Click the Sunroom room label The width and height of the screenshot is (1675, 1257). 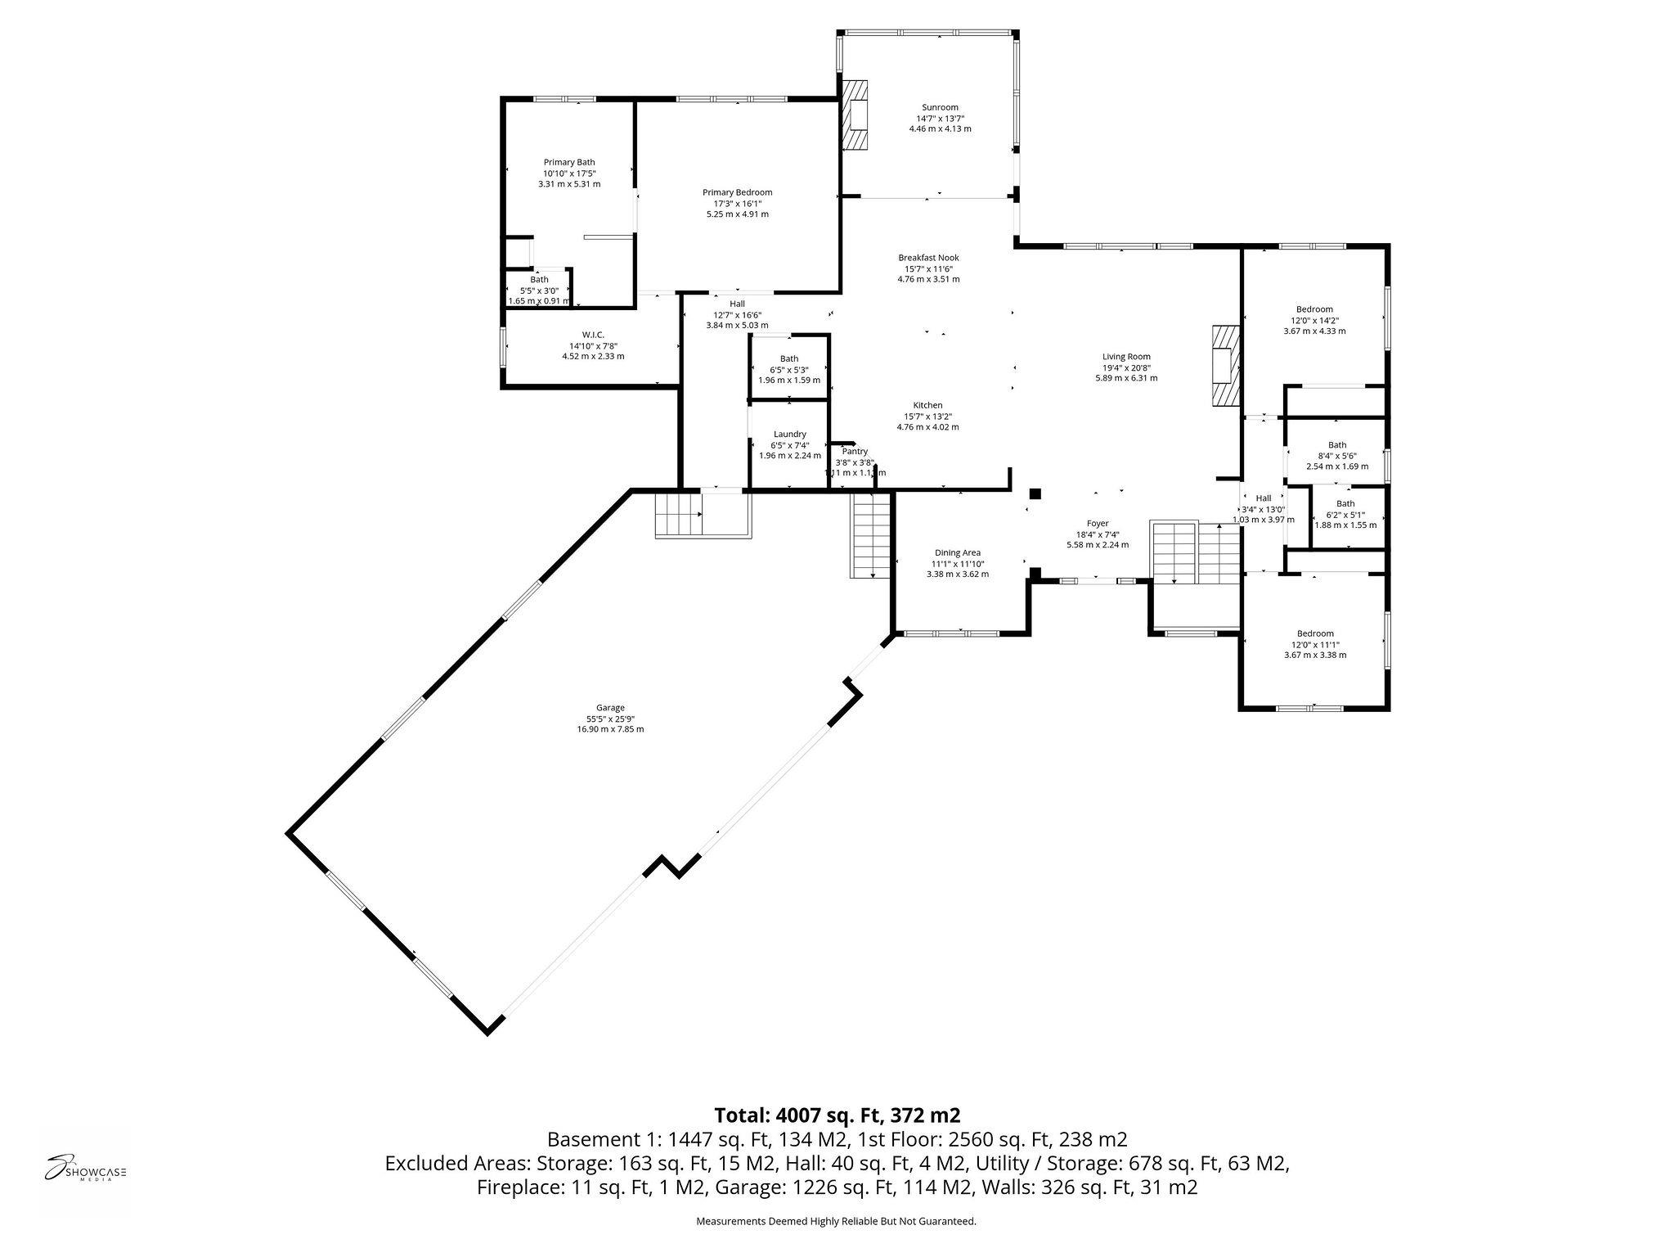pyautogui.click(x=940, y=107)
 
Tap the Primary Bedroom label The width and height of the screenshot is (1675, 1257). pyautogui.click(x=737, y=192)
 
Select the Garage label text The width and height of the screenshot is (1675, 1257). pyautogui.click(x=610, y=708)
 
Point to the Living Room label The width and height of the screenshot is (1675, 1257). pyautogui.click(x=1126, y=357)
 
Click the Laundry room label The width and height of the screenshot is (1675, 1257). pyautogui.click(x=789, y=435)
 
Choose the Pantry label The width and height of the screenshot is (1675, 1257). pyautogui.click(x=855, y=452)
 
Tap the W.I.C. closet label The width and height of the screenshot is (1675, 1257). pyautogui.click(x=593, y=335)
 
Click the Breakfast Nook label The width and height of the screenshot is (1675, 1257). pyautogui.click(x=928, y=258)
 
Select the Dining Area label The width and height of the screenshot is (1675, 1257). pyautogui.click(x=957, y=553)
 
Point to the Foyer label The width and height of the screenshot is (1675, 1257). pyautogui.click(x=1097, y=524)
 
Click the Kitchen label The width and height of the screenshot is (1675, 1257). pyautogui.click(x=927, y=405)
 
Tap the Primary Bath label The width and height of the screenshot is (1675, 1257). pyautogui.click(x=569, y=162)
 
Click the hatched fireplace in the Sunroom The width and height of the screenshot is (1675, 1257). pyautogui.click(x=855, y=115)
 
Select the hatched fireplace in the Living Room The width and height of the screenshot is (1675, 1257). pyautogui.click(x=1225, y=365)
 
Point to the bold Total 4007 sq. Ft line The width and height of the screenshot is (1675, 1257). pyautogui.click(x=837, y=1115)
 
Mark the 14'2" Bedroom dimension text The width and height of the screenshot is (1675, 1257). pyautogui.click(x=1314, y=321)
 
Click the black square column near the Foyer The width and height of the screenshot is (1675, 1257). pyautogui.click(x=1035, y=493)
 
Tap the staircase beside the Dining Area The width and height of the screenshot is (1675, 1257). pyautogui.click(x=870, y=536)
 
